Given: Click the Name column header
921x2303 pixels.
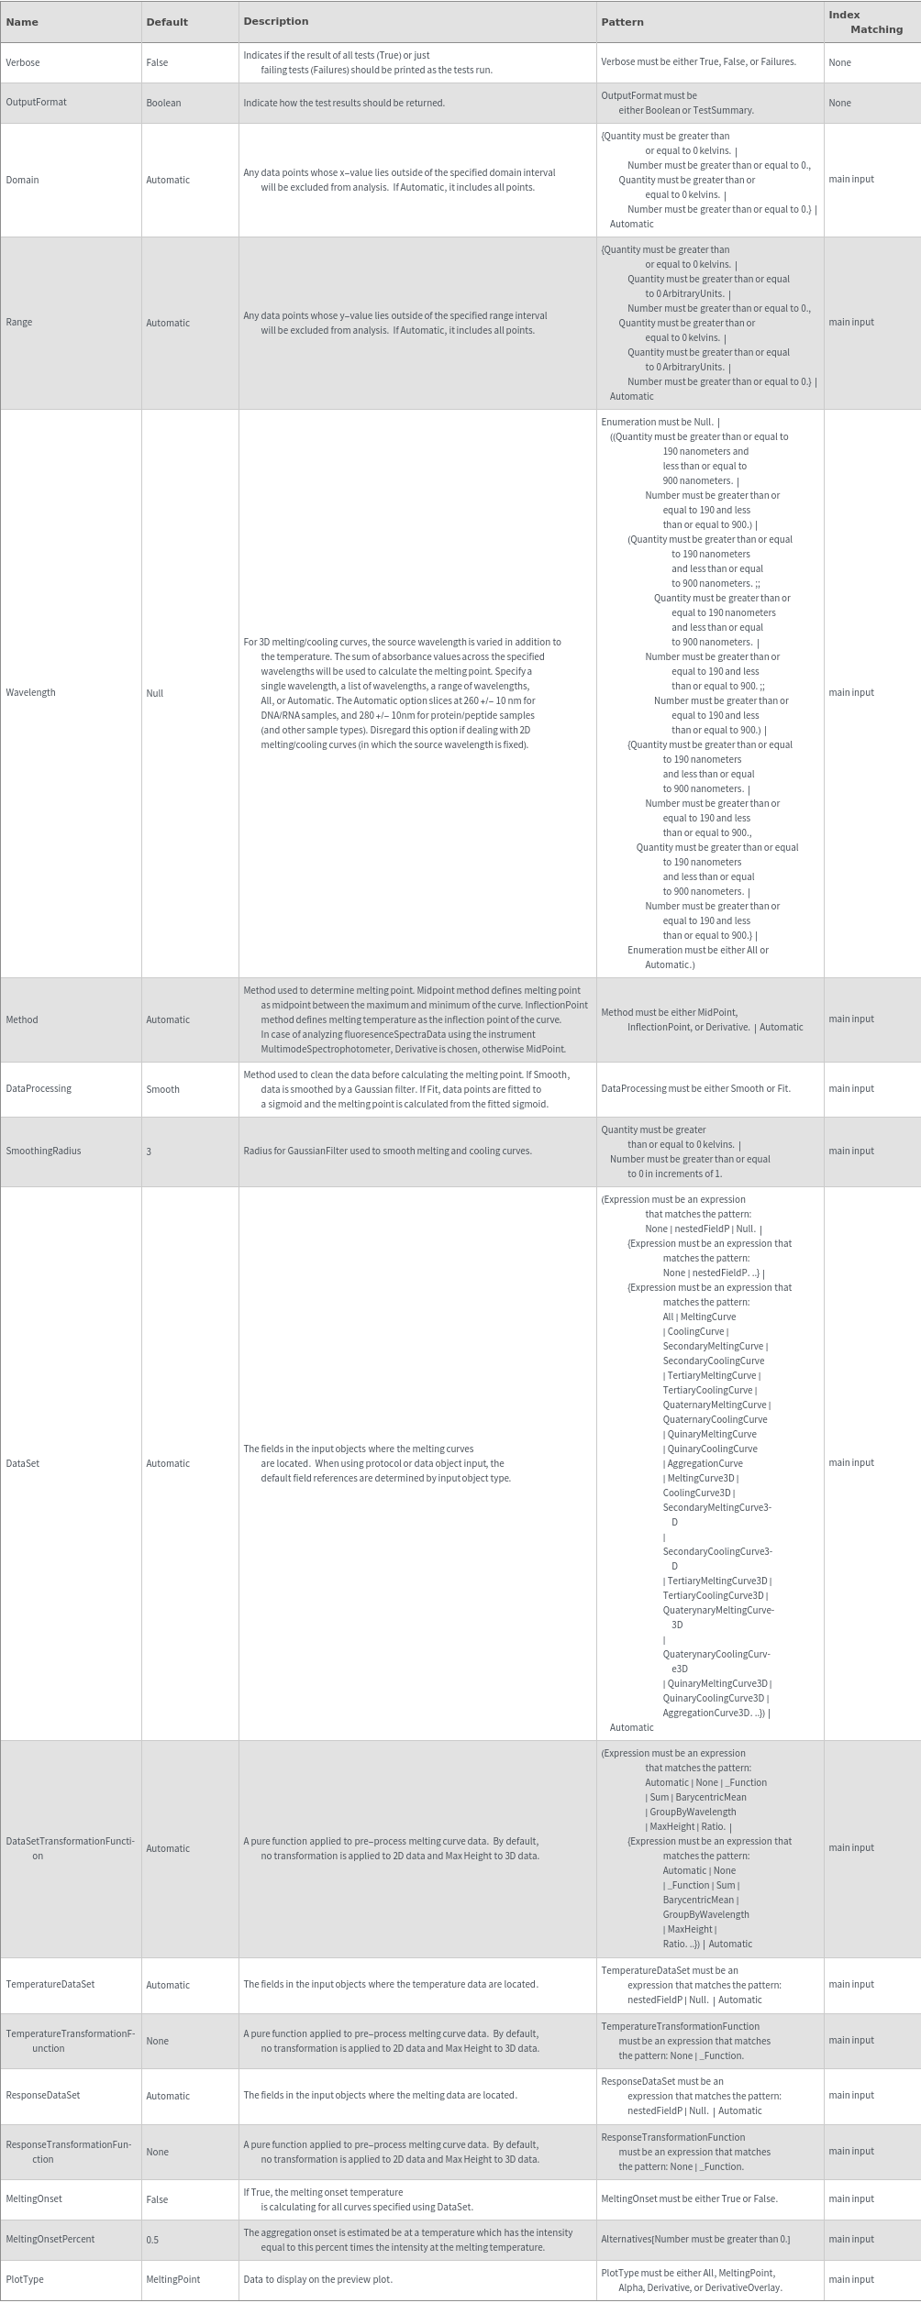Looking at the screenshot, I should (x=21, y=22).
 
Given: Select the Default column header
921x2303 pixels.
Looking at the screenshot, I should (x=166, y=22).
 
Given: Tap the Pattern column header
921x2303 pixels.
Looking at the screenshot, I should (x=622, y=22).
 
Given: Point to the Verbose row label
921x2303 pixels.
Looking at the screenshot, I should (x=23, y=62).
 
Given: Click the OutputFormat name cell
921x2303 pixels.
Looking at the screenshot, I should (x=36, y=102).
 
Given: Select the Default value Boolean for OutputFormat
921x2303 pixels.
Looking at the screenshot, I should (x=163, y=103).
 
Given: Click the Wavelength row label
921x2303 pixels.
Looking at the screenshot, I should (x=30, y=692).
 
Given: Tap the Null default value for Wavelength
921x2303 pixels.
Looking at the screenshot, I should (x=154, y=693).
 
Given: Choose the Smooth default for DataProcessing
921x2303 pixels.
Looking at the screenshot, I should (x=162, y=1089).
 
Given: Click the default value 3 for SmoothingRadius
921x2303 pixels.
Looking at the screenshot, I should (x=149, y=1151).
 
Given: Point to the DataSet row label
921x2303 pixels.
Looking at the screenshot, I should (x=23, y=1463).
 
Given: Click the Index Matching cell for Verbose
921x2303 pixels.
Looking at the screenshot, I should (x=839, y=62).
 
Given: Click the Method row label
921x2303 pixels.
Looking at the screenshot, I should (x=22, y=1019).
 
